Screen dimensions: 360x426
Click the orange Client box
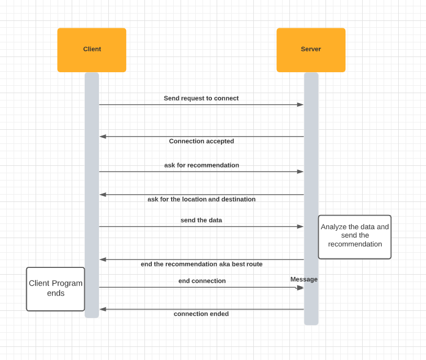click(x=92, y=50)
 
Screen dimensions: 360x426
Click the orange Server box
click(x=311, y=50)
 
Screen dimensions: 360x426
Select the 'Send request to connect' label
click(x=201, y=98)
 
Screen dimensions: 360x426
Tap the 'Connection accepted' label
click(x=201, y=141)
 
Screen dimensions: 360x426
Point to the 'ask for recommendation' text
click(x=201, y=165)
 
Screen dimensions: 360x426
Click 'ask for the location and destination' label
click(x=201, y=199)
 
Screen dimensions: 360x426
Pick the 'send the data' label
click(x=201, y=220)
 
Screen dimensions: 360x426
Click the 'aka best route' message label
click(x=201, y=264)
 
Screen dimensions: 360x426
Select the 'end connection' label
click(x=202, y=281)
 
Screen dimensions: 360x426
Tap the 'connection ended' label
click(x=201, y=314)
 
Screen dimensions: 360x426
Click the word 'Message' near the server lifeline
click(x=304, y=279)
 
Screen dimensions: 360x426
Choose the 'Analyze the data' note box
click(x=355, y=237)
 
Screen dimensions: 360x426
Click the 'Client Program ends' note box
click(x=55, y=289)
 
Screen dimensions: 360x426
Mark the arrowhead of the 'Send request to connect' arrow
click(x=300, y=105)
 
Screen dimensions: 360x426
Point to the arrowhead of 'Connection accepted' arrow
click(x=103, y=137)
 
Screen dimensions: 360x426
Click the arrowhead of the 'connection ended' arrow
click(x=103, y=309)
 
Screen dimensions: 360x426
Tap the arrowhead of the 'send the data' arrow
click(x=300, y=227)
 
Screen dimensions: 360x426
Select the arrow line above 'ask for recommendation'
click(x=201, y=172)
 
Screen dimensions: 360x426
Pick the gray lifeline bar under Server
click(x=311, y=157)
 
